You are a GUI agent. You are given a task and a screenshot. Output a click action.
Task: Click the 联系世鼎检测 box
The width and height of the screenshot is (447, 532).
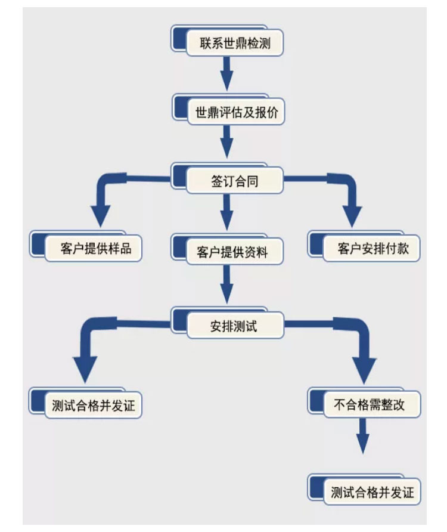tap(227, 41)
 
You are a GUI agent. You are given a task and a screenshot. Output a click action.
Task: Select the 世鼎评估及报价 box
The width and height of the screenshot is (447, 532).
tap(228, 110)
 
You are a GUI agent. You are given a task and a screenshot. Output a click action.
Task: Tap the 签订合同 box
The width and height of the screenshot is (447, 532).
tap(227, 178)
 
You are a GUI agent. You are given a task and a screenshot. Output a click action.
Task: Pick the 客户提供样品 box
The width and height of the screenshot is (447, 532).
tap(85, 246)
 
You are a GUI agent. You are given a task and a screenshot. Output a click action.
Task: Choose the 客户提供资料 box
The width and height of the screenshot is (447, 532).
tap(227, 249)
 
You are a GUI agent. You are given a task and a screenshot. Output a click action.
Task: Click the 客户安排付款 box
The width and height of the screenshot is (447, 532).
tap(364, 246)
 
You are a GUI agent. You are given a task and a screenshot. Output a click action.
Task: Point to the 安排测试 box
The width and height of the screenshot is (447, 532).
tap(227, 323)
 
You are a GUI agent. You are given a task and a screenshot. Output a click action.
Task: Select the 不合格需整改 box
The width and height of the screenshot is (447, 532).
tap(364, 403)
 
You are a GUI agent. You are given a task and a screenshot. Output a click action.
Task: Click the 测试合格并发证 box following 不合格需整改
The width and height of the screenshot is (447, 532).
tap(364, 490)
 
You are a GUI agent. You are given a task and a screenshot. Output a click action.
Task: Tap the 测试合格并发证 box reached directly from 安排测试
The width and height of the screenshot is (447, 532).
tap(85, 403)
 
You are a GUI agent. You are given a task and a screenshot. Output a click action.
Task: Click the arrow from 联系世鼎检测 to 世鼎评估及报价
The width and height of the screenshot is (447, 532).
tap(227, 73)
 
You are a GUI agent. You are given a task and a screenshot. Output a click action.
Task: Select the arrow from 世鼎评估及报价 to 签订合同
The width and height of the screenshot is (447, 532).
tap(227, 142)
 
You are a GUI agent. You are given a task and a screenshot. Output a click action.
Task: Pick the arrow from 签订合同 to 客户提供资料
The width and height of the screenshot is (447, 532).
tap(227, 212)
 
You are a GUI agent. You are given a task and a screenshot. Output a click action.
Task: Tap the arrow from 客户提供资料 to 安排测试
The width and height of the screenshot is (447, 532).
tap(227, 284)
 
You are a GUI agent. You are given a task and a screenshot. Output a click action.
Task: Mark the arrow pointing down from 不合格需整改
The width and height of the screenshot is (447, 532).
tap(363, 437)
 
